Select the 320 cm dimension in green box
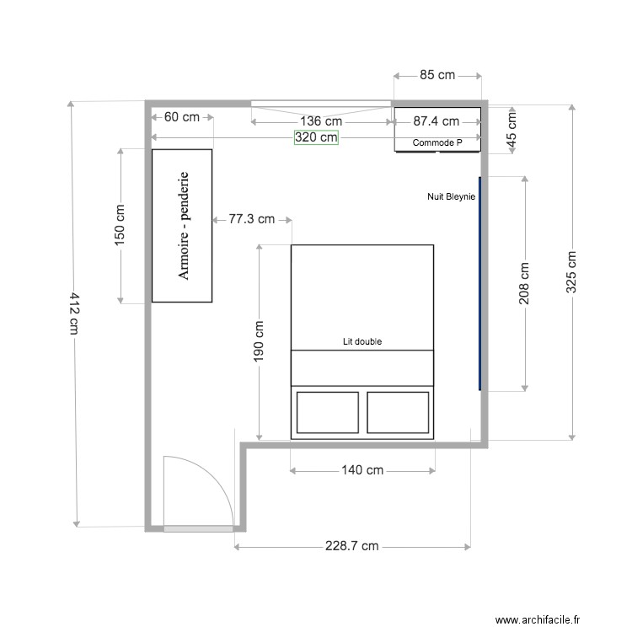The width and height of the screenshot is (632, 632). click(316, 138)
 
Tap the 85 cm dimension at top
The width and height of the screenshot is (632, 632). click(437, 75)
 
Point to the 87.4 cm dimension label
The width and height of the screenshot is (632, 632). click(436, 121)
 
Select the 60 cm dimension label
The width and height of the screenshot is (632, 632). click(182, 117)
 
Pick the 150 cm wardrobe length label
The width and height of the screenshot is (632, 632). click(121, 225)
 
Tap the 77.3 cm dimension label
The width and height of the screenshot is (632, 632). click(252, 220)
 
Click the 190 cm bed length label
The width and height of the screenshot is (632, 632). click(258, 341)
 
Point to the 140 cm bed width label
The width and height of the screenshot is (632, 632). click(362, 470)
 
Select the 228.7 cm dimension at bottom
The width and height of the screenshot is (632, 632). click(351, 547)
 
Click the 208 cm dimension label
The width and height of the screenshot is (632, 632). click(524, 284)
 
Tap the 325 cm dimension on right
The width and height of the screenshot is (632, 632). click(571, 272)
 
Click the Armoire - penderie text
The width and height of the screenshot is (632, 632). click(183, 226)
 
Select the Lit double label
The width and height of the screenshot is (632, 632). click(362, 342)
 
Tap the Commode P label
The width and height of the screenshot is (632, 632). click(437, 143)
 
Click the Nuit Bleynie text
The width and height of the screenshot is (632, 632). click(451, 196)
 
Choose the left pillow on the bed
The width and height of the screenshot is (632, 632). click(327, 410)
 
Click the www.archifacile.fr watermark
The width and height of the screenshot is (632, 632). click(538, 620)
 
